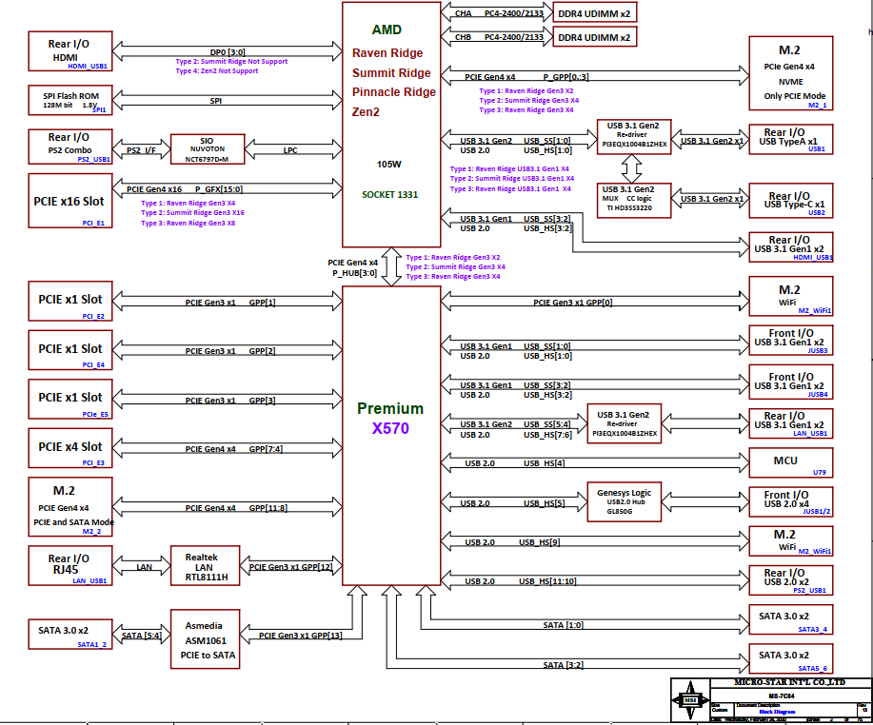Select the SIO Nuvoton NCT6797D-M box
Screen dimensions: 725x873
pyautogui.click(x=207, y=149)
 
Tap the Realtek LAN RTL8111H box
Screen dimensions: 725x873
pyautogui.click(x=205, y=567)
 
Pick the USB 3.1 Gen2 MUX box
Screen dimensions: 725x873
pyautogui.click(x=625, y=199)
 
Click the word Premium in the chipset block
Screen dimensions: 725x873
pyautogui.click(x=390, y=408)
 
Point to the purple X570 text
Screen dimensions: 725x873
pyautogui.click(x=390, y=428)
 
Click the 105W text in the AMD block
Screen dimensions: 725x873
pyautogui.click(x=388, y=164)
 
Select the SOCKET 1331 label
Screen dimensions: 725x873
pyautogui.click(x=389, y=194)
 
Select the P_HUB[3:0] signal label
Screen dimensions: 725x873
pyautogui.click(x=354, y=273)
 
